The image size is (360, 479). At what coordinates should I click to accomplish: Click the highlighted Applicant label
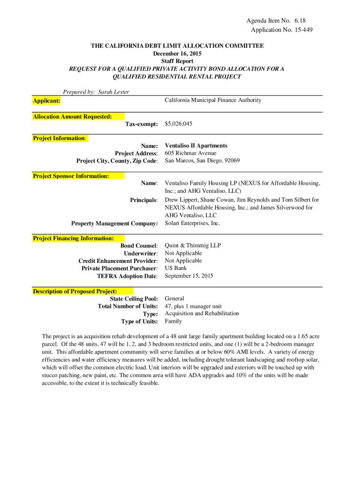click(46, 101)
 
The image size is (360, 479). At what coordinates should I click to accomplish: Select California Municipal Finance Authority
click(213, 100)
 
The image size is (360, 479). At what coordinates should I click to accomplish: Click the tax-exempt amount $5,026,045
click(179, 124)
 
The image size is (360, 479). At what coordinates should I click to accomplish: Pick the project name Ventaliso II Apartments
click(196, 146)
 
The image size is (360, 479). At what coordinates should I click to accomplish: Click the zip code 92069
click(232, 161)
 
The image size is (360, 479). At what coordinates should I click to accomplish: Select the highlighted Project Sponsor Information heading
click(71, 176)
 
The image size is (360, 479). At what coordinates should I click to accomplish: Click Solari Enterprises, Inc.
click(192, 223)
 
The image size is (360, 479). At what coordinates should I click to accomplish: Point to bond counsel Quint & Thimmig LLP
click(193, 246)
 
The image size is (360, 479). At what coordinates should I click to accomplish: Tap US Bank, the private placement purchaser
click(176, 268)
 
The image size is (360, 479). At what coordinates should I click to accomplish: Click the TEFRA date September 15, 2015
click(189, 276)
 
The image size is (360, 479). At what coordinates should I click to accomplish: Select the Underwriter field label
click(140, 254)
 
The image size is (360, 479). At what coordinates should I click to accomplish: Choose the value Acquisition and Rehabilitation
click(202, 313)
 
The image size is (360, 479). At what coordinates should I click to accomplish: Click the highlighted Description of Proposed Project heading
click(75, 291)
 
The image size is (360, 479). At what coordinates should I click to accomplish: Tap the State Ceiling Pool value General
click(174, 298)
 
